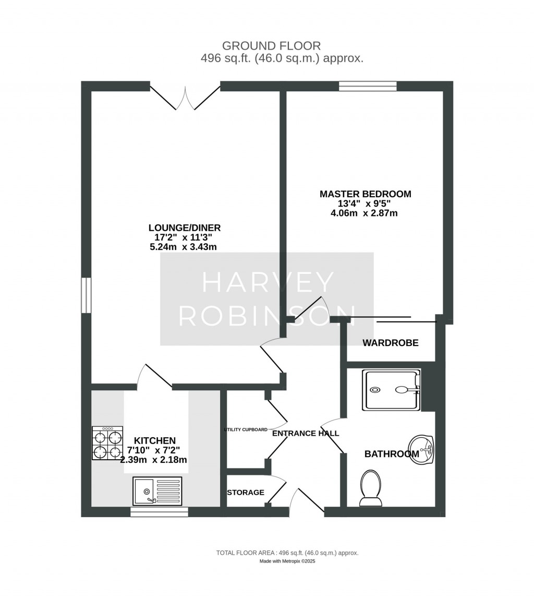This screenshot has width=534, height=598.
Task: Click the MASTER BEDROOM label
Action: (x=365, y=194)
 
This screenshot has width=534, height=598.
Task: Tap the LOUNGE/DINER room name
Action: (x=185, y=228)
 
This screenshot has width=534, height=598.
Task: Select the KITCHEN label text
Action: (x=155, y=441)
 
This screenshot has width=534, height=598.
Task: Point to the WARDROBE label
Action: (x=390, y=343)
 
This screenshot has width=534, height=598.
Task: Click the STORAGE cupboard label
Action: (x=246, y=493)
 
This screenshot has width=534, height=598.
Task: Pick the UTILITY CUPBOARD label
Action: (x=246, y=430)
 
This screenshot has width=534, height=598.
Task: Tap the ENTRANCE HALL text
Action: (x=306, y=433)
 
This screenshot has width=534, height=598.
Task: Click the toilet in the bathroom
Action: (x=370, y=488)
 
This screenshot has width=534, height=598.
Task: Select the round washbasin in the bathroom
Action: (x=421, y=450)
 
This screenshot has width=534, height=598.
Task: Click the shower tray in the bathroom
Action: (x=392, y=390)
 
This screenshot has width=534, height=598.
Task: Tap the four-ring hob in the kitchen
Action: (x=107, y=443)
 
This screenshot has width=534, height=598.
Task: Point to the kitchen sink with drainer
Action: (x=157, y=491)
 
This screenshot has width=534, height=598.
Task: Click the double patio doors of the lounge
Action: (x=185, y=98)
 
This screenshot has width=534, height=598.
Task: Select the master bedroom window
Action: (x=368, y=86)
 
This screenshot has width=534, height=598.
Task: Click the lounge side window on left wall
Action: (x=86, y=295)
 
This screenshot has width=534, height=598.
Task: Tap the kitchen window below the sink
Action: (x=160, y=512)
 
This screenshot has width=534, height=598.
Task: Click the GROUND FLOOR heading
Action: (x=271, y=46)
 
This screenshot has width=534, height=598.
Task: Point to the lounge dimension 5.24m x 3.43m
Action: (x=184, y=247)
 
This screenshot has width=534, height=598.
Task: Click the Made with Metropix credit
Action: (x=287, y=561)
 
